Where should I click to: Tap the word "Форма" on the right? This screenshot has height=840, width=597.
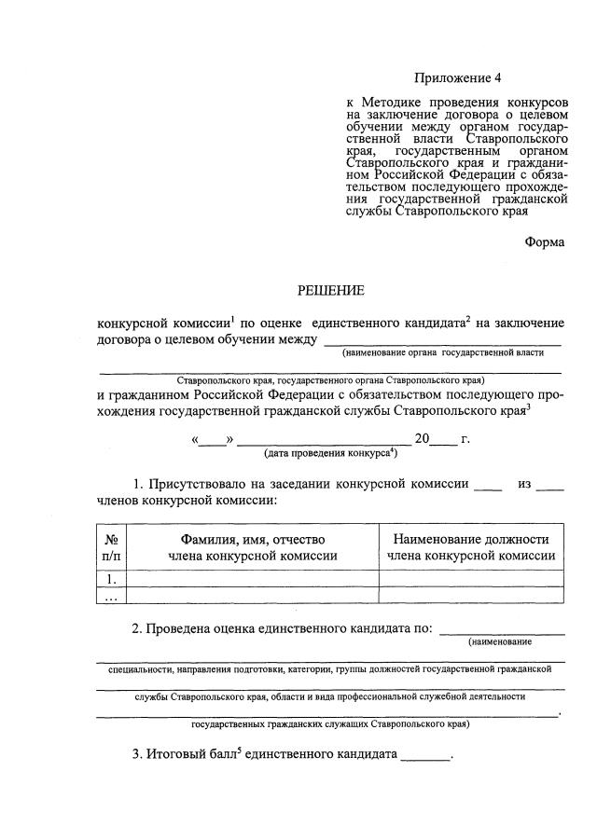click(544, 241)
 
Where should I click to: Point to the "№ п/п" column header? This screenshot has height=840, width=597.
click(111, 547)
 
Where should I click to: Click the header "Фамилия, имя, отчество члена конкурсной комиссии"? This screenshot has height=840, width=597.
click(252, 547)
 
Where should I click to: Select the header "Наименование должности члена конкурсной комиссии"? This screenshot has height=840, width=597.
click(471, 547)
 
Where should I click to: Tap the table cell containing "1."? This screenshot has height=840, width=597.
click(111, 579)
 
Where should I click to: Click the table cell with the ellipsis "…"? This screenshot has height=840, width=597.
click(111, 596)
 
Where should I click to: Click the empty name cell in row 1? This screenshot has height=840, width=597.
click(252, 579)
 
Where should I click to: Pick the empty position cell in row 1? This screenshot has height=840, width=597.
click(471, 579)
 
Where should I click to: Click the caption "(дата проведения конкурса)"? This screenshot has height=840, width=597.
click(331, 453)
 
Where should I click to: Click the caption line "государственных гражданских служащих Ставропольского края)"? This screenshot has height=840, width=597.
click(330, 723)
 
